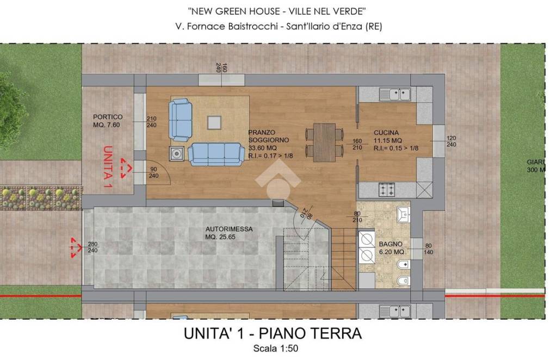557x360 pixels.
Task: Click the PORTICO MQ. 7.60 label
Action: pyautogui.click(x=108, y=121)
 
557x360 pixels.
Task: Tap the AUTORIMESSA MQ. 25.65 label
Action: pyautogui.click(x=229, y=233)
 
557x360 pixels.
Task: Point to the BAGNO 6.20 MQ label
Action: pyautogui.click(x=391, y=248)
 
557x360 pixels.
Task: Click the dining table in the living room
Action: pyautogui.click(x=324, y=142)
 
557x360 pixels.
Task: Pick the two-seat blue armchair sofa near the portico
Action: pyautogui.click(x=181, y=120)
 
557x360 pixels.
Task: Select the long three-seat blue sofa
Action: pyautogui.click(x=216, y=154)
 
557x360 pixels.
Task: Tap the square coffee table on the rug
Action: pyautogui.click(x=214, y=123)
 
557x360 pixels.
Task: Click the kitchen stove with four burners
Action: pyautogui.click(x=387, y=190)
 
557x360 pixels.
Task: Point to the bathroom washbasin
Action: pyautogui.click(x=403, y=214)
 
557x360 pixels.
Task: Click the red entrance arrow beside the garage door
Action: pyautogui.click(x=76, y=247)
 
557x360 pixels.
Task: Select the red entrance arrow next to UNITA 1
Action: pyautogui.click(x=126, y=168)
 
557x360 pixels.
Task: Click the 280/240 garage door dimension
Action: pyautogui.click(x=92, y=247)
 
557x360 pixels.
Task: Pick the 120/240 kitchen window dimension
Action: pyautogui.click(x=451, y=141)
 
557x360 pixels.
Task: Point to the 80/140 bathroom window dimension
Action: pyautogui.click(x=429, y=249)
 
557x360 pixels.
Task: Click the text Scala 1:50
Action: pyautogui.click(x=276, y=348)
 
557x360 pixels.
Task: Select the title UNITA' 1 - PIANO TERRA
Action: pyautogui.click(x=273, y=333)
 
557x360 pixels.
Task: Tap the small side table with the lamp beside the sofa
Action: pyautogui.click(x=177, y=153)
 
